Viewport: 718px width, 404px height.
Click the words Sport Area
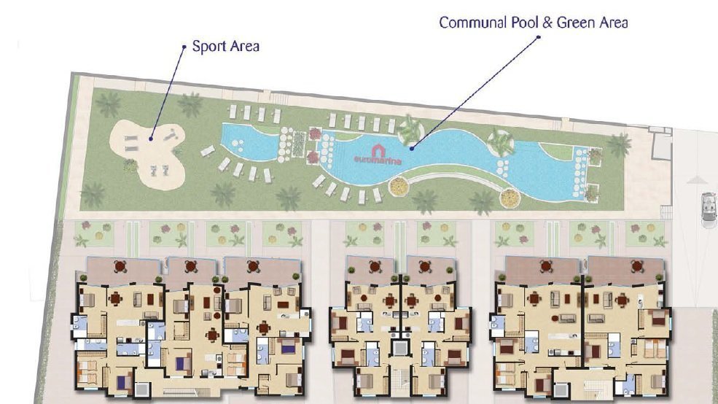point(225,46)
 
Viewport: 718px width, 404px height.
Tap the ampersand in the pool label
point(547,23)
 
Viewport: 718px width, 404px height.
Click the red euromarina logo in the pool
point(378,155)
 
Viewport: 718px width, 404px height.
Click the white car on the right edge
point(709,209)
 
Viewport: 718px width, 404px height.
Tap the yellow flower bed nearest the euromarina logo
point(399,186)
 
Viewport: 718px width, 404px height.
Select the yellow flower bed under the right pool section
point(510,198)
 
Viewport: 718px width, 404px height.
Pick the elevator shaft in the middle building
point(399,348)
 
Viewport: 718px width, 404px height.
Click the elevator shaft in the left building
point(141,389)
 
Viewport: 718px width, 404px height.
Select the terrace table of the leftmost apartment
point(120,266)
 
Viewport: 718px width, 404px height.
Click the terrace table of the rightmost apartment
point(636,266)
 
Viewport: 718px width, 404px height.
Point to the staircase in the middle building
point(399,380)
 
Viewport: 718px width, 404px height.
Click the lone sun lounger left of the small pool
point(208,151)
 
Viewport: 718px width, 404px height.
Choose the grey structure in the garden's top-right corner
point(660,143)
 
